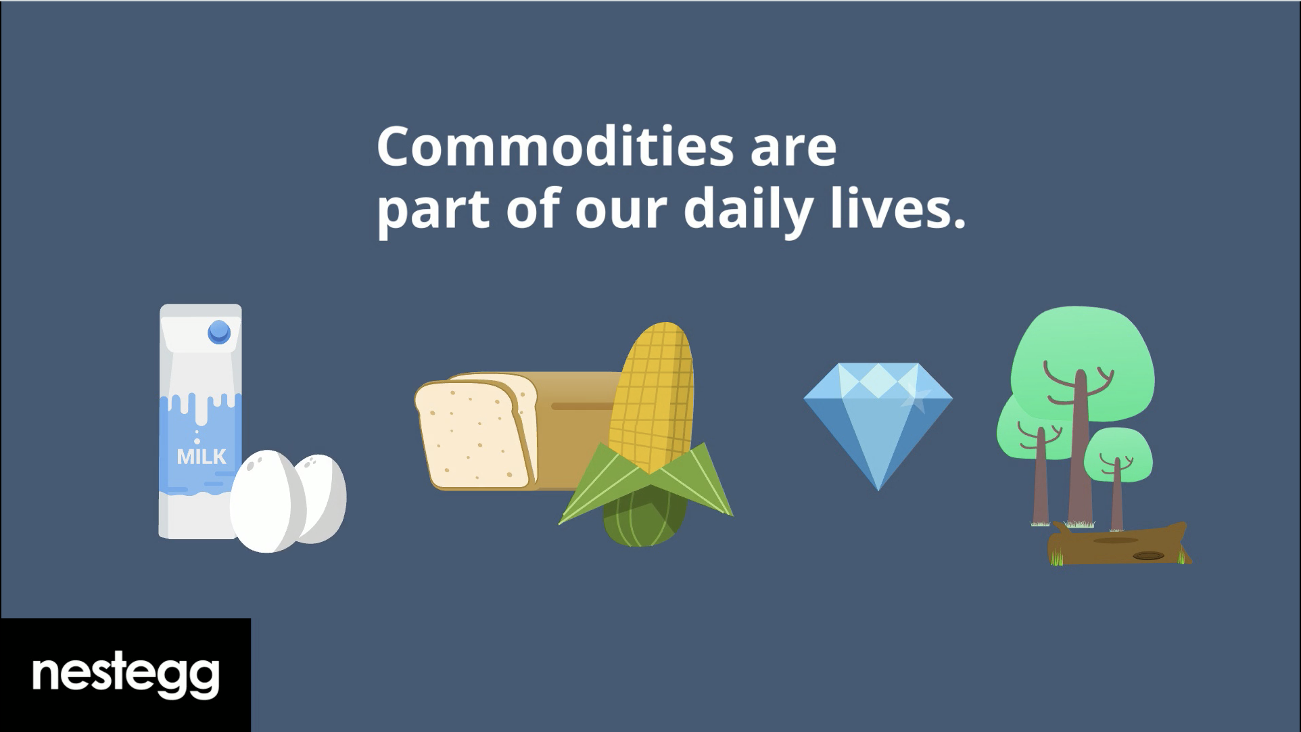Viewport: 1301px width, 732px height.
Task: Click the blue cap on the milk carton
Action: tap(219, 332)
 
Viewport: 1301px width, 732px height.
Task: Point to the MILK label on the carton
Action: tap(202, 457)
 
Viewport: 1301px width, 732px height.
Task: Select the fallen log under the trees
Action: tap(1119, 545)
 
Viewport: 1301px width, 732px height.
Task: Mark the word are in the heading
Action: tap(794, 150)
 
